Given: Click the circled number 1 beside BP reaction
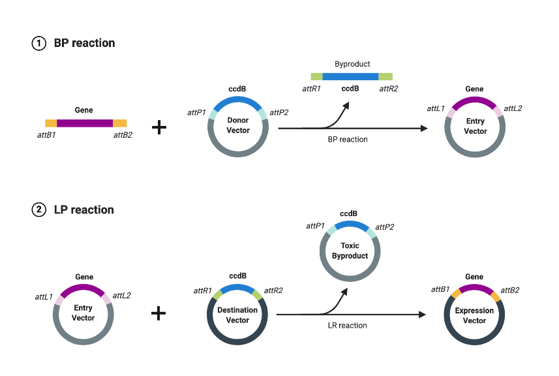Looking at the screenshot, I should coord(39,44).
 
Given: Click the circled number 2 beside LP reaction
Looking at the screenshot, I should coord(39,210).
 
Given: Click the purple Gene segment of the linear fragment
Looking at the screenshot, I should coord(85,123).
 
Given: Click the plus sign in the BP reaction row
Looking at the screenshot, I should coord(159,127).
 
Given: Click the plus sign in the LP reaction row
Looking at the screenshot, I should coord(159,313).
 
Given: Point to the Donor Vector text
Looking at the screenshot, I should coord(237,125).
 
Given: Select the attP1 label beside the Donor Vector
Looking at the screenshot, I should coord(196,112).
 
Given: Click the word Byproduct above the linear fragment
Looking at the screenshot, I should coord(352,64).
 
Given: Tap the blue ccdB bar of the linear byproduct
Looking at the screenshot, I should coord(350,76).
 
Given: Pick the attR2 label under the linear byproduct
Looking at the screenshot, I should coord(389,89).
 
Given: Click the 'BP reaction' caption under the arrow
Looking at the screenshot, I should coord(348,139).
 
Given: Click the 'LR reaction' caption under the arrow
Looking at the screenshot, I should coord(347,325).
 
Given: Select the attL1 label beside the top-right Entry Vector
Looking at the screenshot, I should coord(436,108).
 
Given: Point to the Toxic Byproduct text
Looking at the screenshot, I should coord(350,251).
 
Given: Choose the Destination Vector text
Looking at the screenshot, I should coord(237,315).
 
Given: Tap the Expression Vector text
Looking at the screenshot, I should coord(474,315).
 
